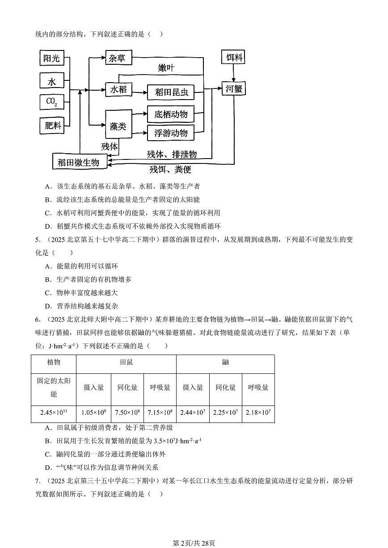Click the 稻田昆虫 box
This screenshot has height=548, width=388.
click(171, 92)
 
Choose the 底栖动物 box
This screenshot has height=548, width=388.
click(171, 114)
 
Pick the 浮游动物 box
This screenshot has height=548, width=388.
click(171, 133)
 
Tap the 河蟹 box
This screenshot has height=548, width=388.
click(233, 88)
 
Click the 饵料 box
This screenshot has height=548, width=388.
click(233, 57)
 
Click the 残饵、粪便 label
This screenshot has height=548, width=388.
click(170, 169)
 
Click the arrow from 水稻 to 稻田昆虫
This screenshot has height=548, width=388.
click(139, 92)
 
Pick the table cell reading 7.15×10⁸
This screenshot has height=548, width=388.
click(160, 413)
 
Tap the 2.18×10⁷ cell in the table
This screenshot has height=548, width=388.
click(258, 413)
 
